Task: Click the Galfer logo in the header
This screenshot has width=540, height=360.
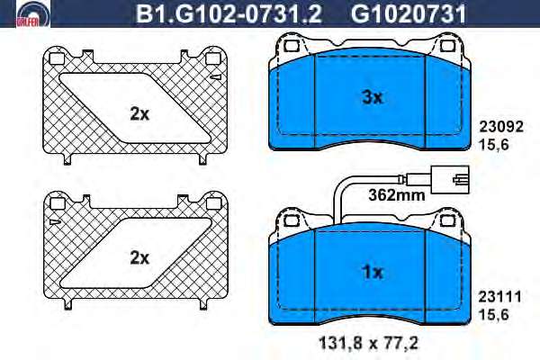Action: coord(33,14)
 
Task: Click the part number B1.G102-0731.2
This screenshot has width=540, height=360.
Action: coord(229,14)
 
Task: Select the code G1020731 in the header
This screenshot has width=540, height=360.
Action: coord(408,14)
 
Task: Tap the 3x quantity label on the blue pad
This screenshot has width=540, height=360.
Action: coord(373,98)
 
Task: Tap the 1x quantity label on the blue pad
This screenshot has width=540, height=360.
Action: coord(373,272)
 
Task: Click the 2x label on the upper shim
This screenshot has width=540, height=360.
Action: coord(139,113)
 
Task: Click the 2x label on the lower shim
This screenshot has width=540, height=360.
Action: coord(139,257)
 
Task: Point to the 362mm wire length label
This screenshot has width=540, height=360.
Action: coord(397,195)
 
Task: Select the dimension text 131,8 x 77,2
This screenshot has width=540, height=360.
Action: coord(368,343)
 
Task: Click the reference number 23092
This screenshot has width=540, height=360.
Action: coord(501,127)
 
